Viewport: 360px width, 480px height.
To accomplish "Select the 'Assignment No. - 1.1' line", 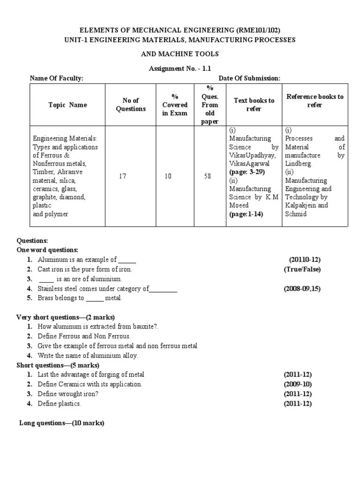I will pyautogui.click(x=180, y=68).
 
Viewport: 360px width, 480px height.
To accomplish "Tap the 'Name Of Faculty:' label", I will pyautogui.click(x=57, y=78).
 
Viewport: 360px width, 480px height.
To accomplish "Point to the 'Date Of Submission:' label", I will pyautogui.click(x=249, y=78).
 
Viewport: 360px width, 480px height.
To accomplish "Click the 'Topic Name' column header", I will pyautogui.click(x=67, y=105).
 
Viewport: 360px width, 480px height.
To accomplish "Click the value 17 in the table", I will pyautogui.click(x=122, y=176).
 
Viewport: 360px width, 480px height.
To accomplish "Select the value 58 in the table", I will pyautogui.click(x=207, y=176).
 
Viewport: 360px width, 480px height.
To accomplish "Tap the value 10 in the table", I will pyautogui.click(x=168, y=176).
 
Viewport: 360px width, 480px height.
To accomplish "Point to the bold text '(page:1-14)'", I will pyautogui.click(x=247, y=214).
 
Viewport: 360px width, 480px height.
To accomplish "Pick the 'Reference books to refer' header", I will pyautogui.click(x=315, y=101).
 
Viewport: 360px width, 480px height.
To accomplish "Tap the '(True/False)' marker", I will pyautogui.click(x=302, y=269).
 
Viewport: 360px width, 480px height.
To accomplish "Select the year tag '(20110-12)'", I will pyautogui.click(x=305, y=260).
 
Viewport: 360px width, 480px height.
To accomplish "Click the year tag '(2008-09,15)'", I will pyautogui.click(x=302, y=289).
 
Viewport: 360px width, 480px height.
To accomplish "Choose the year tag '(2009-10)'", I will pyautogui.click(x=298, y=384).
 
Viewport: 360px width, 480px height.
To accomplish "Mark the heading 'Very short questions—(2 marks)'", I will pyautogui.click(x=65, y=317).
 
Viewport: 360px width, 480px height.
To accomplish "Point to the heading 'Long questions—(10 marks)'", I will pyautogui.click(x=62, y=423).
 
